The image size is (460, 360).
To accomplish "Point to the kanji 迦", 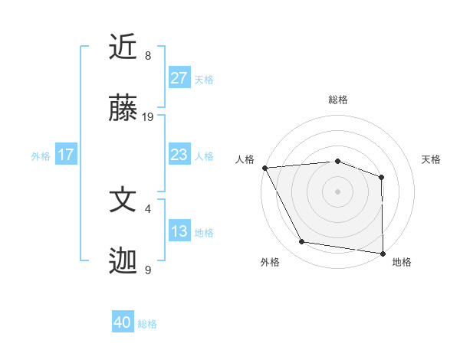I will pos(123,262).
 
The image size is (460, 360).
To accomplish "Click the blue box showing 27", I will pos(179,78).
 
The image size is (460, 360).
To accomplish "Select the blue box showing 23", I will pos(179,155).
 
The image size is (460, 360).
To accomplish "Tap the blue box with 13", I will pos(179,231).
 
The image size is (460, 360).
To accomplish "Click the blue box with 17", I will pos(66,155).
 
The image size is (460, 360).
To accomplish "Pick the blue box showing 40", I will pos(123,322).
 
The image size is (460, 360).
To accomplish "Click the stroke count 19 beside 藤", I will pos(148,117).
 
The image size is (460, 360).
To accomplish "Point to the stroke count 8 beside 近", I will pos(148,55).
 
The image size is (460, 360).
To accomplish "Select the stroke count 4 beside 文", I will pos(148,208).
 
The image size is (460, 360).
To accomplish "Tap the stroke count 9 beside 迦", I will pos(148,270).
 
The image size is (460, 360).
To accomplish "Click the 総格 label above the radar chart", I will pos(337,100).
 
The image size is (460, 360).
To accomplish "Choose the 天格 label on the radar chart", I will pos(432,159).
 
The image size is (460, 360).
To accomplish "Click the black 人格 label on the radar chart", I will pos(245,159).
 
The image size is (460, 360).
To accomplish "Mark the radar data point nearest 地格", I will pos(383,253).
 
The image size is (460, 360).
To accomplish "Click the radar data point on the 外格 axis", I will pos(301,242).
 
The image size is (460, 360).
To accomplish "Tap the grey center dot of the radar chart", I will pos(337,191).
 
